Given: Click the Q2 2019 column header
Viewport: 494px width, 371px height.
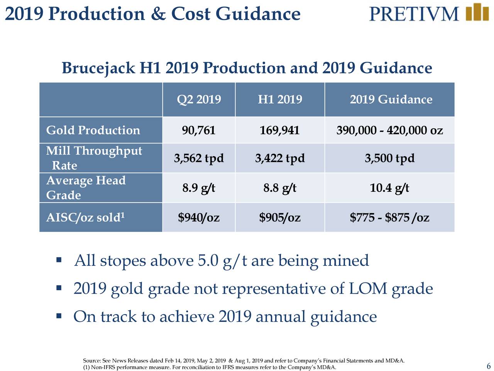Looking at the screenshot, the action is coord(199,99).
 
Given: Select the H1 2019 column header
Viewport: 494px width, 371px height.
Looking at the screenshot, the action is coord(280,99).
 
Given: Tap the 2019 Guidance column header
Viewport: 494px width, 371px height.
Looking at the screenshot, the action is coord(391,99).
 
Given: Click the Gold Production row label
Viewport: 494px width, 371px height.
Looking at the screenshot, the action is coord(93,130).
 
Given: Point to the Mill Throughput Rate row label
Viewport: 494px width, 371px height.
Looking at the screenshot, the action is coord(94,158).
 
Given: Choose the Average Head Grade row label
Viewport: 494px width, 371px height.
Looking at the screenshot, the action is coord(86,187).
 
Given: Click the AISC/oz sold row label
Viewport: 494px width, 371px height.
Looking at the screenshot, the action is coord(85,217).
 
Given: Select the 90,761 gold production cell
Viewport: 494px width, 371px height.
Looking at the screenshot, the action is coord(198,130).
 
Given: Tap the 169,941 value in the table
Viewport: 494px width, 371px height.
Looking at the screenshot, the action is coord(279,130).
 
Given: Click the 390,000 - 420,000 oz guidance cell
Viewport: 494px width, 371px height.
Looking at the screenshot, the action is coord(389,130).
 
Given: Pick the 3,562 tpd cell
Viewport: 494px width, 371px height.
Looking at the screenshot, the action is coord(199,158).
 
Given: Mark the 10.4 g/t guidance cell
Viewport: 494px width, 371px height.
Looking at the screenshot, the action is coord(389,188).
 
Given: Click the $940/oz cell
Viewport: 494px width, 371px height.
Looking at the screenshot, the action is coord(199,217).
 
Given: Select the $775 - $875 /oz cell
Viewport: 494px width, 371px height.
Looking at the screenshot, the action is coord(389,217).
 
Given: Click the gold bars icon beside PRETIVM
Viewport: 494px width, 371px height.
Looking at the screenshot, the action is coord(477,12).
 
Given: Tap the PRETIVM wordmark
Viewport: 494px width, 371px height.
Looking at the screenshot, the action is coord(414,14).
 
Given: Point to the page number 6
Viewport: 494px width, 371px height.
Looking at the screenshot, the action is coord(489,365).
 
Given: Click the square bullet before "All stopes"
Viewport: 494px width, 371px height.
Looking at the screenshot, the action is coord(59,260).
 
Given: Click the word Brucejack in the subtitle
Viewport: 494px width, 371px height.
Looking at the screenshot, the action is coord(98,68).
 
